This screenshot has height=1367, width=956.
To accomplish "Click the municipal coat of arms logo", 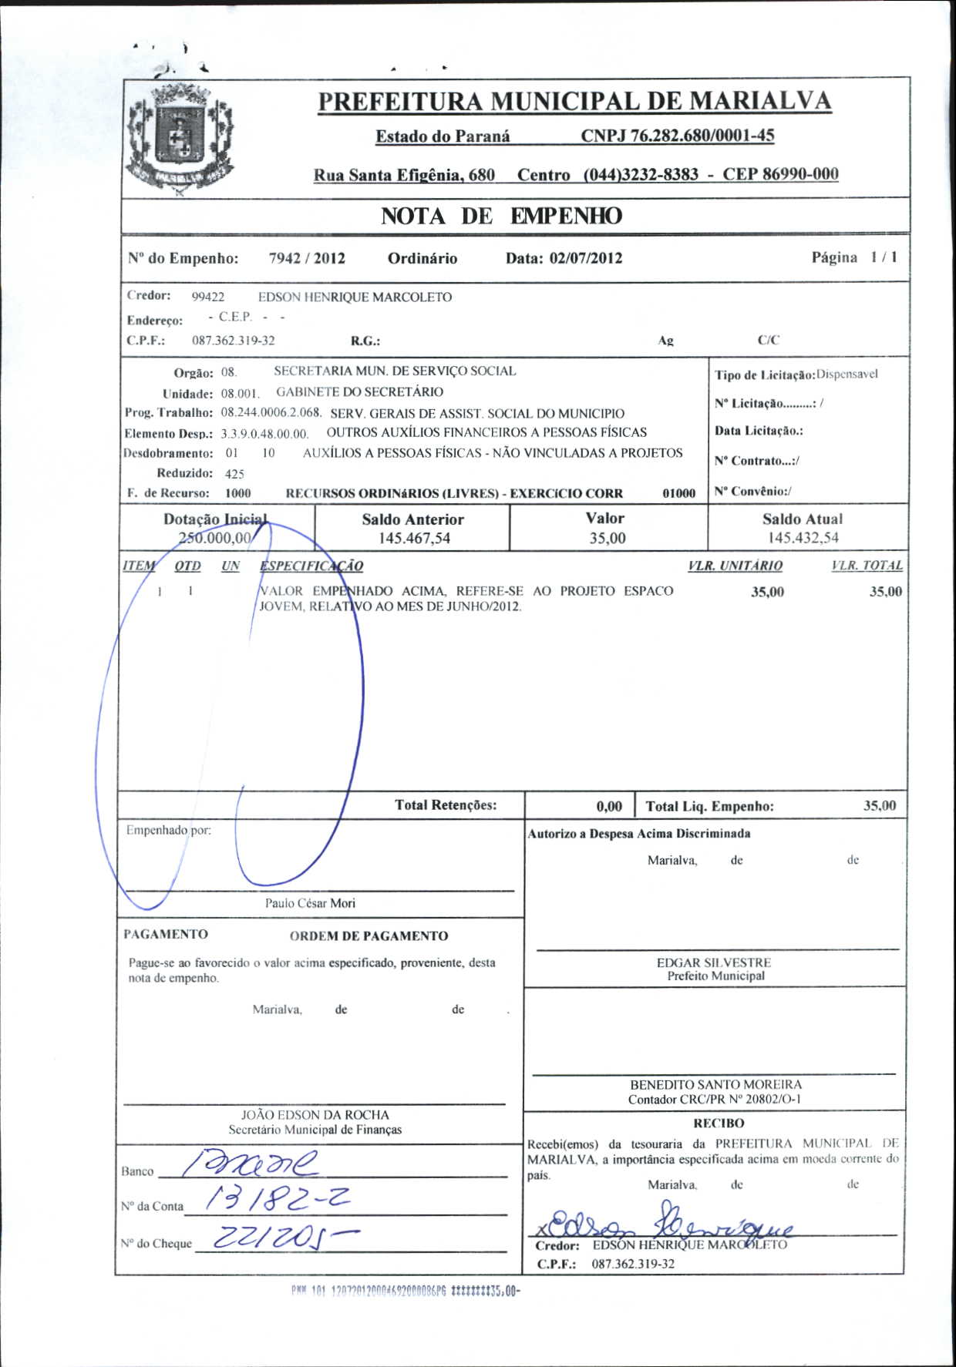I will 180,139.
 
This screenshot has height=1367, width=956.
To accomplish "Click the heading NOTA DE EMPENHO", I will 501,216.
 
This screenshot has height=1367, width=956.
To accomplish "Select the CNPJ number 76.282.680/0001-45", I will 677,136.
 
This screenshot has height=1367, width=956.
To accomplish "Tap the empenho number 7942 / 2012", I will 307,258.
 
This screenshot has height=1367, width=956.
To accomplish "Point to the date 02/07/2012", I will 586,258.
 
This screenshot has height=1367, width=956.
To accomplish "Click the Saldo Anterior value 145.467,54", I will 414,538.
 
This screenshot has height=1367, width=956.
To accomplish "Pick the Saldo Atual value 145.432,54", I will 803,538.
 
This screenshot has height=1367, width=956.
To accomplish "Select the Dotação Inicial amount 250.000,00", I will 215,538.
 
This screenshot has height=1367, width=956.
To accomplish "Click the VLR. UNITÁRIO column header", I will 735,566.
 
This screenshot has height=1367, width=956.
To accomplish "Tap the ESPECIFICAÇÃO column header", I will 311,566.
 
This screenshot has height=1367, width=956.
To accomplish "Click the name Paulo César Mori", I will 310,903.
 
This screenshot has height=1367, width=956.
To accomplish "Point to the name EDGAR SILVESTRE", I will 713,962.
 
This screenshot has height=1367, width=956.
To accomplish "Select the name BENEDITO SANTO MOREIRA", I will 715,1084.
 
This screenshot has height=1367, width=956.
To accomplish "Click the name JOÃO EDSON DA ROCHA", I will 315,1114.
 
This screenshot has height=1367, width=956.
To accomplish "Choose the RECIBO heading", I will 719,1123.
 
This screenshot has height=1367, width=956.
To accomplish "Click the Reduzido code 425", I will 234,474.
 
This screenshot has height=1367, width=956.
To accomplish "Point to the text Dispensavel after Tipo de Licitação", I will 847,374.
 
